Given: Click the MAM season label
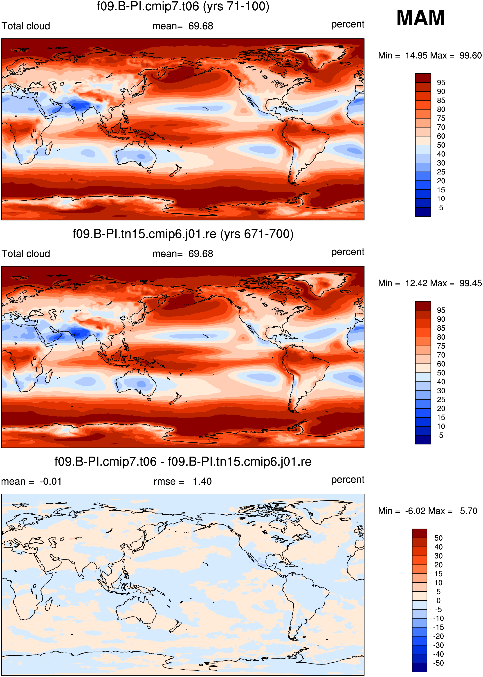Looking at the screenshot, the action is tap(420, 18).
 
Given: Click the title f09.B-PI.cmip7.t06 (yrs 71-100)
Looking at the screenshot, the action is tap(183, 7).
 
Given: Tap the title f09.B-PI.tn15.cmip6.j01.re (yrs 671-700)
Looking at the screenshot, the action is tap(183, 234).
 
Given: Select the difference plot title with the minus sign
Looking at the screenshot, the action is tap(183, 462).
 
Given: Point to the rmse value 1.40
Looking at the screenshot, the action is tap(202, 481).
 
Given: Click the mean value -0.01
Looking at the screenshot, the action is tap(51, 481).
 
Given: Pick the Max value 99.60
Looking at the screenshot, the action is tap(470, 56).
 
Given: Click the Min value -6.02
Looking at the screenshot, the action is tap(416, 511).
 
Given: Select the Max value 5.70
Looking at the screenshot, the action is tap(468, 511).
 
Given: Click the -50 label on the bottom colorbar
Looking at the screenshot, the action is tap(438, 663).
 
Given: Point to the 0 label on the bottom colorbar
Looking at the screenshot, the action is tap(438, 601).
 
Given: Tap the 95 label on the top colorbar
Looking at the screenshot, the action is tap(441, 82).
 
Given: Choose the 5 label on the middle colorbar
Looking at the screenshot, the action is tap(441, 435).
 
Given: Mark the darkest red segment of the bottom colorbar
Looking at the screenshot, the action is tap(419, 534).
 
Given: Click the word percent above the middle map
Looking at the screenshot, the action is tap(348, 252).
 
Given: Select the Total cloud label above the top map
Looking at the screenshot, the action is tap(26, 26).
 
